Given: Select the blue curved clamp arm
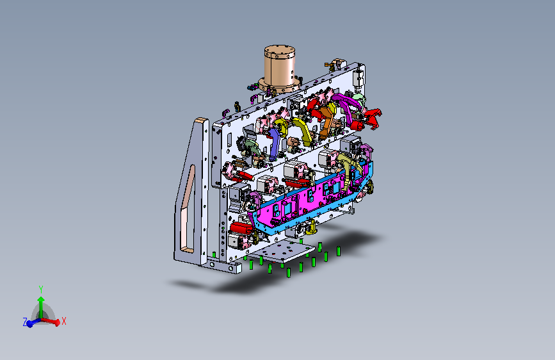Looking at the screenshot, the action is pyautogui.click(x=274, y=143).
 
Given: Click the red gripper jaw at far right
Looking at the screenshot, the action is pyautogui.click(x=372, y=119).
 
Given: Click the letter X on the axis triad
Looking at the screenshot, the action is pyautogui.click(x=64, y=321).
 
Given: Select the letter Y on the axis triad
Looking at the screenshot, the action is pyautogui.click(x=41, y=290).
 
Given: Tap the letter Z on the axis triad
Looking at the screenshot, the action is pyautogui.click(x=25, y=322).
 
